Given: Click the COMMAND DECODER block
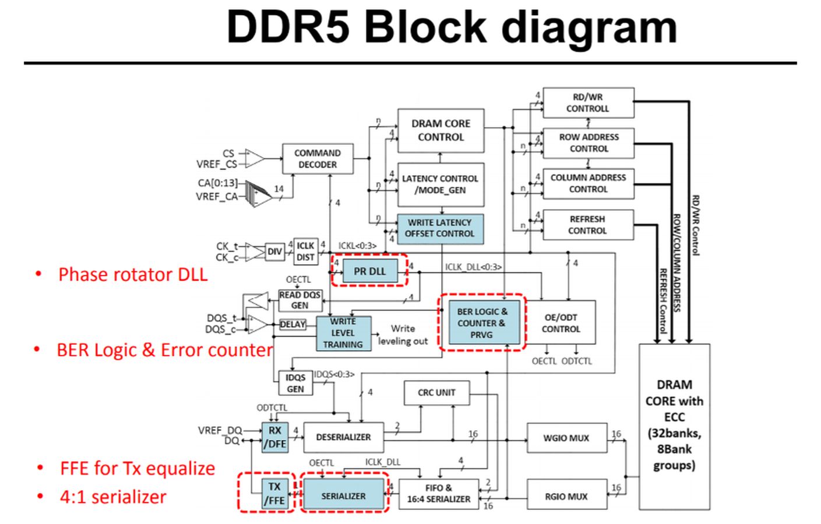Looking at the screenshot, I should [x=318, y=158].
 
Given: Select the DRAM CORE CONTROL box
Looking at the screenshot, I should [x=441, y=130].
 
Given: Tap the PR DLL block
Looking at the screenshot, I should [x=369, y=271].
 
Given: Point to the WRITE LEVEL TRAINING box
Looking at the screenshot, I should [x=343, y=333].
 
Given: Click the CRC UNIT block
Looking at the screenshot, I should [x=436, y=392].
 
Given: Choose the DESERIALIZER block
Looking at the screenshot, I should [x=343, y=437].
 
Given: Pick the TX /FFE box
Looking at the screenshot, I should [x=274, y=493].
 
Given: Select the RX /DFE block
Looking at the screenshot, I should [x=274, y=437].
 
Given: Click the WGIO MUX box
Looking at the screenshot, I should [x=566, y=438].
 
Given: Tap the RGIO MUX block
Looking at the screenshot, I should [x=566, y=496].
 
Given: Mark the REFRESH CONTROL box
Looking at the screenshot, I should [x=587, y=225].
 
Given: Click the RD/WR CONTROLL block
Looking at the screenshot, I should [x=587, y=103].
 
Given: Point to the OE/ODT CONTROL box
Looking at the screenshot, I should [x=561, y=323].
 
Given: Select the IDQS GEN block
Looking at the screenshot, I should [x=295, y=383].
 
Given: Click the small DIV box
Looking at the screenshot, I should [x=274, y=252].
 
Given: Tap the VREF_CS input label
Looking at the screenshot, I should [x=216, y=164].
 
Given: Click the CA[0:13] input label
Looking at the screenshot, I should [x=217, y=183].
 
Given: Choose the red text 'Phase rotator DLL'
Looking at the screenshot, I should [x=133, y=274].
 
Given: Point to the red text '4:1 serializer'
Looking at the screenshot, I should [x=113, y=497].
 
